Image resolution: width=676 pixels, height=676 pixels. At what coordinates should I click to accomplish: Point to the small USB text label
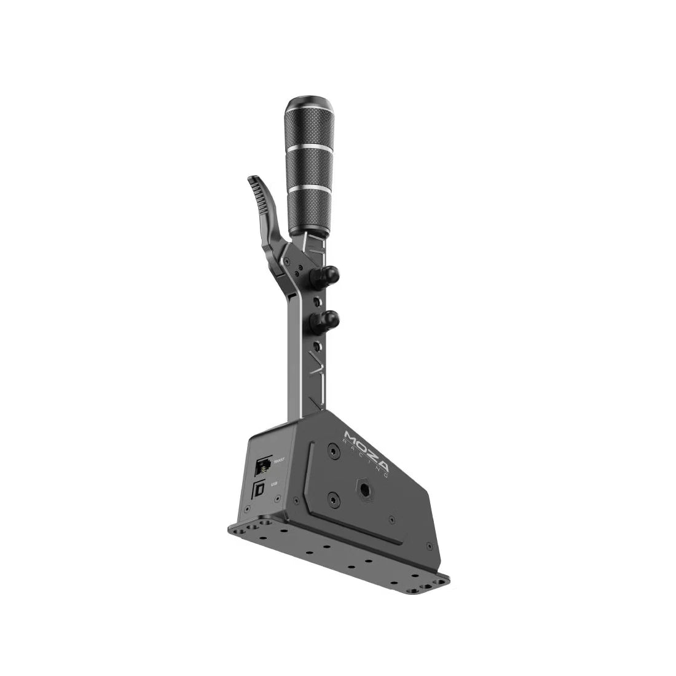click(273, 483)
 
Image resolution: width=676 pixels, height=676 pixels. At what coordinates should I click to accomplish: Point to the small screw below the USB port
click(246, 509)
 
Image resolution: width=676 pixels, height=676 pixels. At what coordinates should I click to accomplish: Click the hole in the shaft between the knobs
click(316, 302)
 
